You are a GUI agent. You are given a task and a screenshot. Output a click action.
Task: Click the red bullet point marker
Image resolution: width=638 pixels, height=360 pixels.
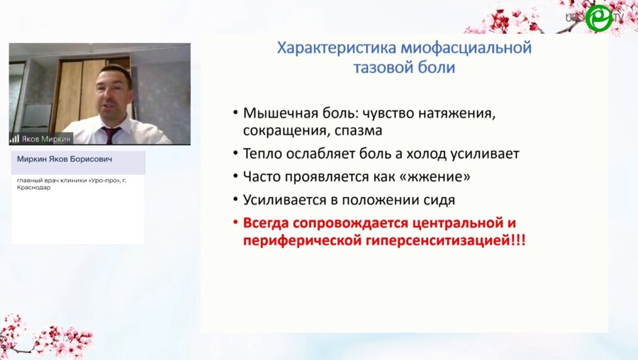click(235, 223)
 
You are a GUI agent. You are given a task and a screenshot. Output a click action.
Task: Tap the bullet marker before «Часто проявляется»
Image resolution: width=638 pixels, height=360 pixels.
click(235, 177)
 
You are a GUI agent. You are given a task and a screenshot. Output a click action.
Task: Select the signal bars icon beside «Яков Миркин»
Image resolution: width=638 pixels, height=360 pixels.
click(14, 139)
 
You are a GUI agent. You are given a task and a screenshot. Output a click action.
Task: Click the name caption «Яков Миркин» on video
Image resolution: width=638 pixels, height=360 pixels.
click(46, 139)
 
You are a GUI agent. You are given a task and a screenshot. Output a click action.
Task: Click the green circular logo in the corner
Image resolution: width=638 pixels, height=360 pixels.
click(599, 18)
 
